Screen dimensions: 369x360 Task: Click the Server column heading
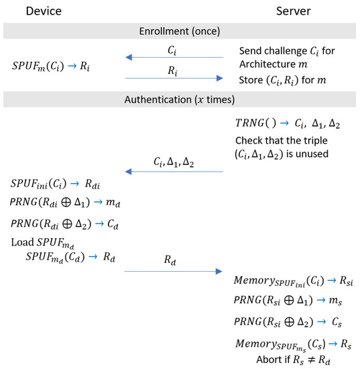click(292, 12)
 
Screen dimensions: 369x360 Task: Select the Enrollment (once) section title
click(180, 32)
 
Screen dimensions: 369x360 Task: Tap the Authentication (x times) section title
click(180, 101)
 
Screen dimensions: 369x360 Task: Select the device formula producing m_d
click(60, 203)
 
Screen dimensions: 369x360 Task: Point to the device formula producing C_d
click(60, 223)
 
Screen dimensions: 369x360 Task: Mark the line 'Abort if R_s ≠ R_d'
click(296, 361)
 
